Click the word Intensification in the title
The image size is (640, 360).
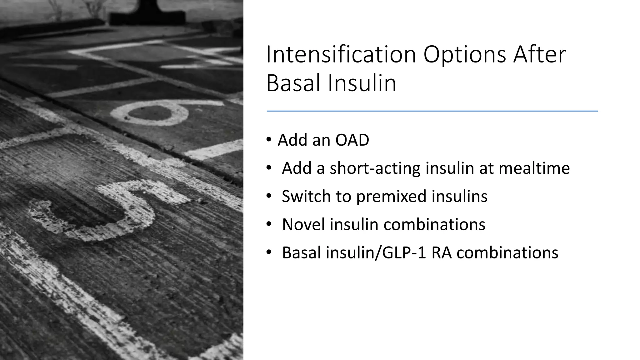341,55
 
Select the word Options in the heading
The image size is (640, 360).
465,55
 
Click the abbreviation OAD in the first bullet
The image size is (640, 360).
352,140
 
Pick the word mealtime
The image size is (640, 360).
534,168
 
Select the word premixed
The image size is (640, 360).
391,197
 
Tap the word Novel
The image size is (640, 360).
303,224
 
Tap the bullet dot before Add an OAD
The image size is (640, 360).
269,140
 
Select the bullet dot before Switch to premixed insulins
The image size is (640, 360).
269,196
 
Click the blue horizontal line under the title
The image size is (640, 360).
432,111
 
